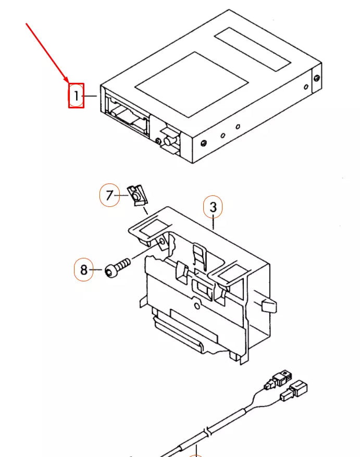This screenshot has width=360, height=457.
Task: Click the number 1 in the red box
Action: tap(76, 96)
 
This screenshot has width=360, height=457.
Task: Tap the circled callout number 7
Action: tap(109, 196)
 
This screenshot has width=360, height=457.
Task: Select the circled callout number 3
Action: tap(213, 207)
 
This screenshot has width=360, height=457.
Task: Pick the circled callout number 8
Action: tap(84, 270)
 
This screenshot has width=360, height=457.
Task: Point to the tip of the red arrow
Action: tap(68, 82)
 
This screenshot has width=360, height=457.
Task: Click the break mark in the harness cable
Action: tap(207, 432)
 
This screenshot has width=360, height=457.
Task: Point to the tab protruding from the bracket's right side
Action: tap(268, 305)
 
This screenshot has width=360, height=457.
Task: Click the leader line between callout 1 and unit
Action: tap(91, 96)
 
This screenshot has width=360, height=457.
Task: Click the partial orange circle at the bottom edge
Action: tap(195, 455)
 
